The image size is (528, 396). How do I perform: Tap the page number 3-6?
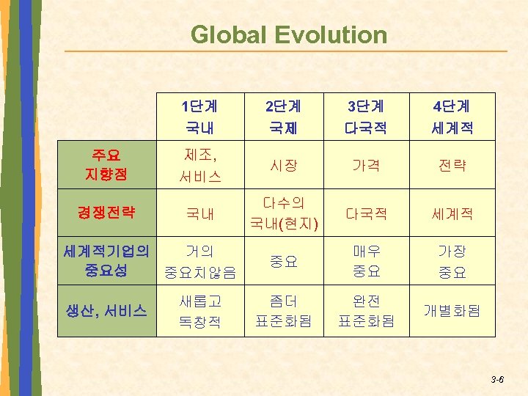pyautogui.click(x=496, y=379)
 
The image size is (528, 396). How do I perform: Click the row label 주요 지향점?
pyautogui.click(x=107, y=166)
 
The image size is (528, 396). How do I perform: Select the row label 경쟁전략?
pyautogui.click(x=107, y=213)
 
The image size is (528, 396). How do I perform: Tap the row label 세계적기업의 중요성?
pyautogui.click(x=107, y=261)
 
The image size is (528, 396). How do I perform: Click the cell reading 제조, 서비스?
pyautogui.click(x=200, y=166)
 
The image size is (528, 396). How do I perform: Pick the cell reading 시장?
pyautogui.click(x=284, y=167)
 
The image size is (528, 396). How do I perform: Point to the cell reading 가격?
pyautogui.click(x=367, y=167)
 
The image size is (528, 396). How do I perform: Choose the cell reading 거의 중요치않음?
pyautogui.click(x=200, y=263)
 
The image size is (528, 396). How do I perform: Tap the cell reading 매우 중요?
pyautogui.click(x=367, y=262)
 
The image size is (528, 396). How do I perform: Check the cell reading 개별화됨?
pyautogui.click(x=452, y=311)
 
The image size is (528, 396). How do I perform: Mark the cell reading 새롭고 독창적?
pyautogui.click(x=200, y=311)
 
